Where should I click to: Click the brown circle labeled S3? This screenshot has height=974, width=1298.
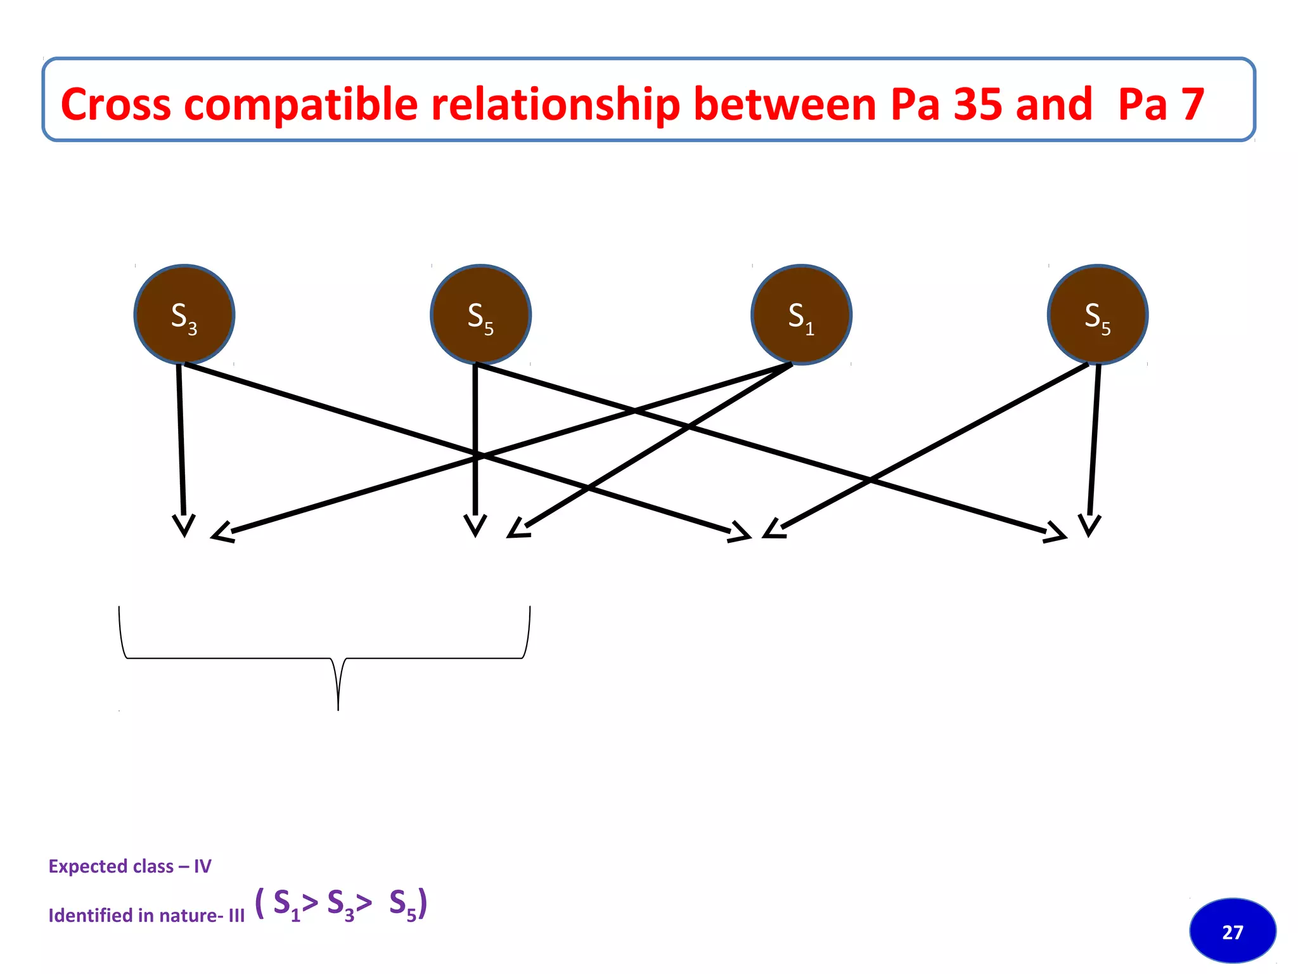coord(184,315)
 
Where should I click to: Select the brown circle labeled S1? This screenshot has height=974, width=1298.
coord(801,315)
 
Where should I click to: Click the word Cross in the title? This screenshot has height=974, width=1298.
coord(115,104)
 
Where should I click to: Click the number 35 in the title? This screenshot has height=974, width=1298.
coord(977,104)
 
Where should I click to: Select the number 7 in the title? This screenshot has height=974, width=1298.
coord(1192,104)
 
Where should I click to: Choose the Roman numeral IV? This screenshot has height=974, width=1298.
coord(202,866)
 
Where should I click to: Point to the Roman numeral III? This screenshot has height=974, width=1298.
coord(236,916)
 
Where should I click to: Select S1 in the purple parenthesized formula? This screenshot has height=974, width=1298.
coord(286,904)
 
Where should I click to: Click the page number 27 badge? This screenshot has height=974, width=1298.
coord(1233,931)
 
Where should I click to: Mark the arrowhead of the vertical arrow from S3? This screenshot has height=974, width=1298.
coord(184,526)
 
